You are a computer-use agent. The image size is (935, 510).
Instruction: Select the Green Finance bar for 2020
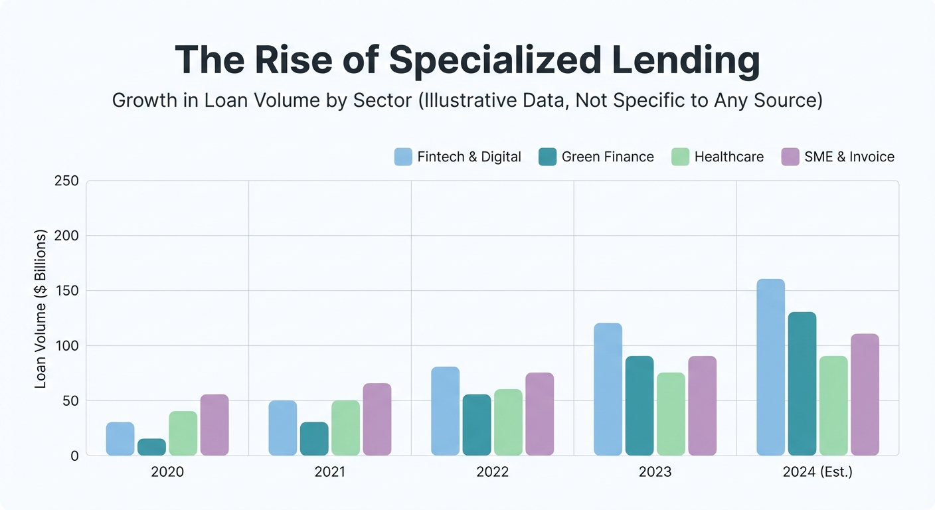[x=151, y=447]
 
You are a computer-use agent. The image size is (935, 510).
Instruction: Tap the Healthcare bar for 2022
[x=508, y=422]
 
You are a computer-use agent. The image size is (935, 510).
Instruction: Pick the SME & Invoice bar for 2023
[x=702, y=406]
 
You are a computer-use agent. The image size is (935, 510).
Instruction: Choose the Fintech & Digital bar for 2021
[x=282, y=428]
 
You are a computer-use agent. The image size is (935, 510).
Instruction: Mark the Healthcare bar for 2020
[x=183, y=433]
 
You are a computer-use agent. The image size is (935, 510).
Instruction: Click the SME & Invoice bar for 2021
[x=377, y=419]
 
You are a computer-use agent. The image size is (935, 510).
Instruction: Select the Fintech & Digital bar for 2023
[x=608, y=389]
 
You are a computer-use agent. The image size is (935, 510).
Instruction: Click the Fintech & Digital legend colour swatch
[x=403, y=157]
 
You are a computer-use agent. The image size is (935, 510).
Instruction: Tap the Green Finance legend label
[x=608, y=157]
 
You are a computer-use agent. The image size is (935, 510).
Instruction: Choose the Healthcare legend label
[x=728, y=157]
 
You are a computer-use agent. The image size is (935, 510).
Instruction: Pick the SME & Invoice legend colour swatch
[x=790, y=157]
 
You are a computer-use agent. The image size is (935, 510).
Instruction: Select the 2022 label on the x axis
[x=492, y=472]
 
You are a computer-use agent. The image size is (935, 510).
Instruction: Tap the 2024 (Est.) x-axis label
[x=817, y=472]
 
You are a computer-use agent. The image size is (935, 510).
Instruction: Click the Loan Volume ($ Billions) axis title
[x=41, y=309]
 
